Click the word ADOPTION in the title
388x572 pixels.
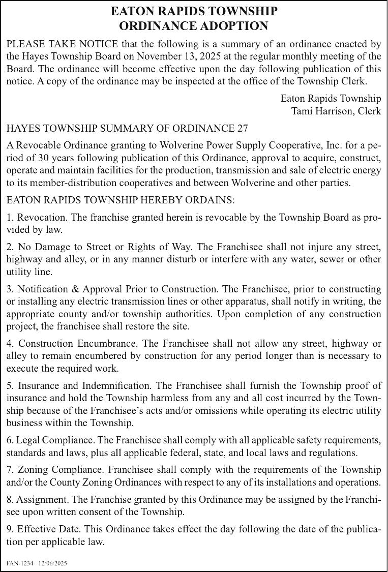pos(229,26)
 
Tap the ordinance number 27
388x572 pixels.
pos(243,128)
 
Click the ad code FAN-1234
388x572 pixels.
pos(20,564)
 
